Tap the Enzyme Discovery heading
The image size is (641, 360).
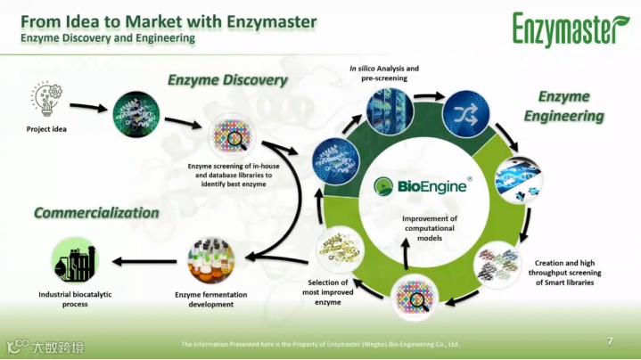(x=227, y=80)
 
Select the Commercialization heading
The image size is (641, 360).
(x=96, y=213)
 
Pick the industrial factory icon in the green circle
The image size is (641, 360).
(x=74, y=261)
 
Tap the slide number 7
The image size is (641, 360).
(x=610, y=341)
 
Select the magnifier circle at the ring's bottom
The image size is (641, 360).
(x=414, y=295)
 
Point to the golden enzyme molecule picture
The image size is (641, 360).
(x=338, y=251)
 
